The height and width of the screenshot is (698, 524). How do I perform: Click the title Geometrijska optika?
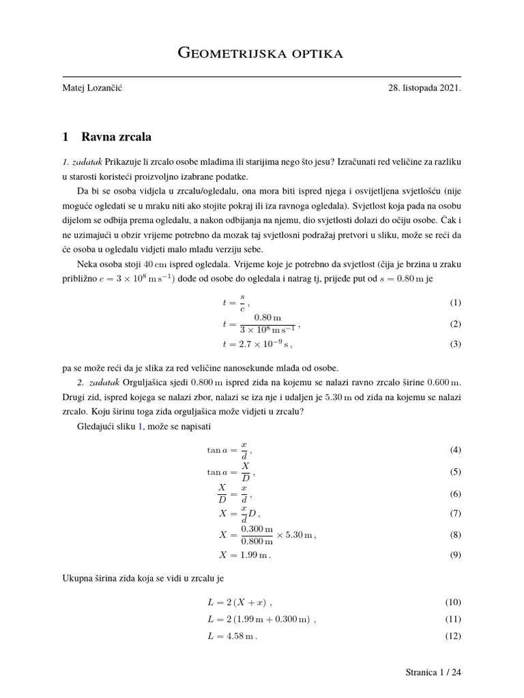click(261, 53)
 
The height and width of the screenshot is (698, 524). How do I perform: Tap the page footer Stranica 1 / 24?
click(433, 673)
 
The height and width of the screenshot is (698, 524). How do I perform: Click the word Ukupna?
click(77, 579)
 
